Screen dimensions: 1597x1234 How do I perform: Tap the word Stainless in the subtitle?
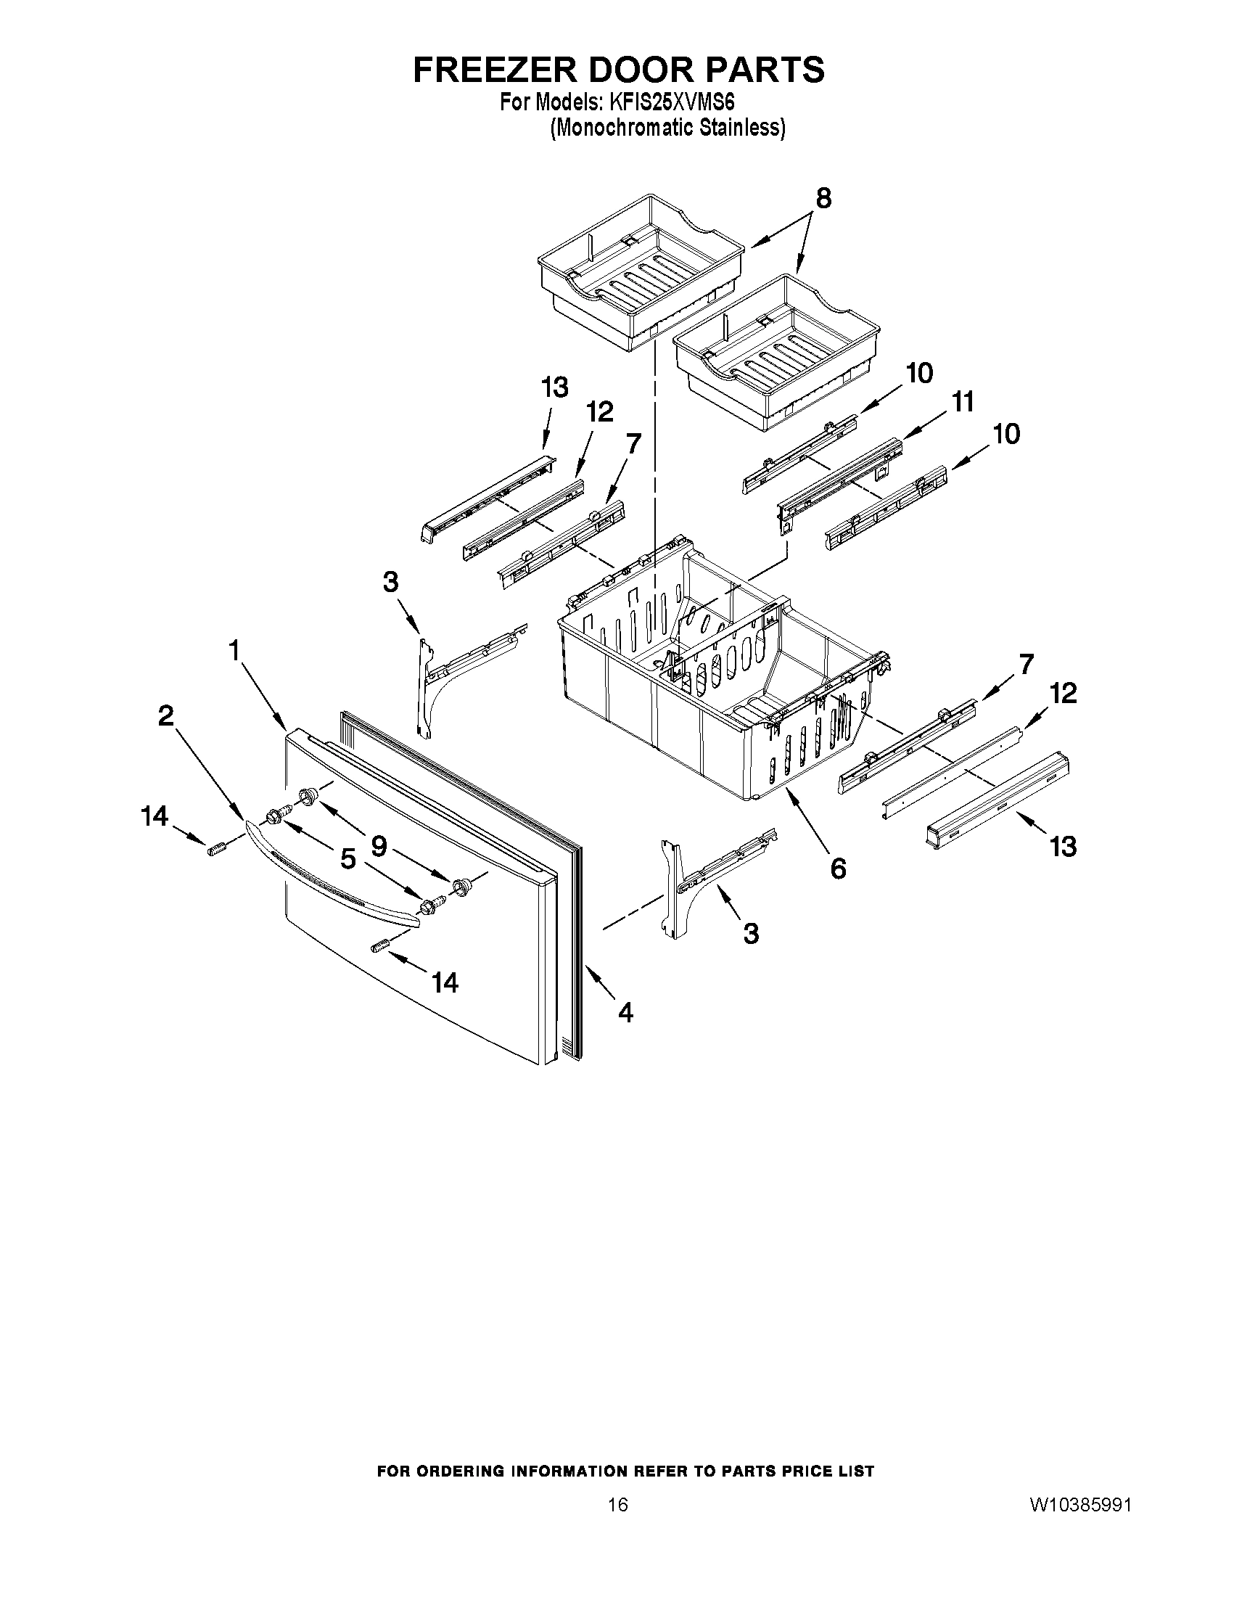[741, 128]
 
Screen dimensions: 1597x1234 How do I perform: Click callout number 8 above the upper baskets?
[823, 198]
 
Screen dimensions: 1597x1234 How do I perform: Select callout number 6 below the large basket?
[838, 868]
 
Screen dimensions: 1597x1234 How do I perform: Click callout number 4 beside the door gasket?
[625, 1012]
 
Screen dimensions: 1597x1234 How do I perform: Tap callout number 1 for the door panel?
[234, 649]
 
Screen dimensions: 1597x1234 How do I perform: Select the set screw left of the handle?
[215, 849]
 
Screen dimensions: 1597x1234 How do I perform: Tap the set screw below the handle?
[379, 948]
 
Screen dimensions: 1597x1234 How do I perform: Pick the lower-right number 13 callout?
[1063, 846]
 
